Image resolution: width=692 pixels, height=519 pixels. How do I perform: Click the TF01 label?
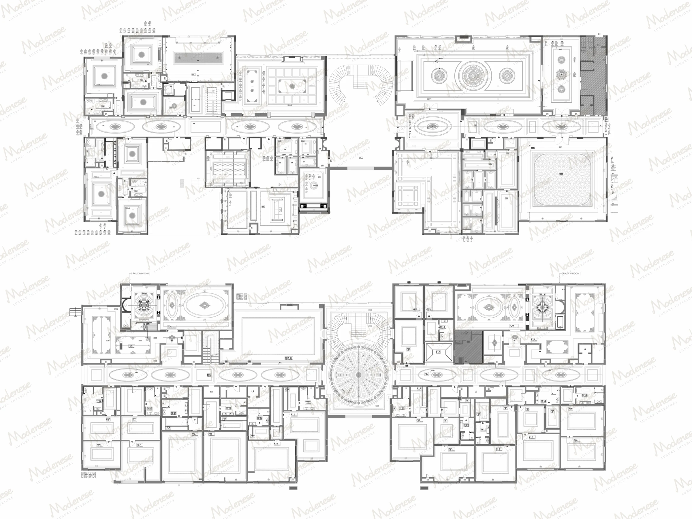(x=144, y=294)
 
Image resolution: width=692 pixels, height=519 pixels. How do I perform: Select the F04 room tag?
(x=169, y=326)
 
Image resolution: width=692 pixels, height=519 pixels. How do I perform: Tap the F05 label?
(x=130, y=346)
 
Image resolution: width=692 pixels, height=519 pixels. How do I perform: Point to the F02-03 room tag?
(x=288, y=358)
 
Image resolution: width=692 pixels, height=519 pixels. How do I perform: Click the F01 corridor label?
(x=209, y=375)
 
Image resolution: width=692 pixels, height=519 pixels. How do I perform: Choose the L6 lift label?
(x=211, y=392)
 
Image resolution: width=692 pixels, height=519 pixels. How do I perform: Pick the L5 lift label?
(x=253, y=391)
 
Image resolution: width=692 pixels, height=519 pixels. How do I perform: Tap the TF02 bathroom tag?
(x=99, y=401)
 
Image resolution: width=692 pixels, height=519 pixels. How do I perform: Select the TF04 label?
(x=173, y=413)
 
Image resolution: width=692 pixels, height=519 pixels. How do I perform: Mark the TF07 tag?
(x=308, y=402)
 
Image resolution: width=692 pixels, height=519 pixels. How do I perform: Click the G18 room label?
(x=415, y=309)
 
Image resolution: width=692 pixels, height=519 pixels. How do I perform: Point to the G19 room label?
(x=428, y=309)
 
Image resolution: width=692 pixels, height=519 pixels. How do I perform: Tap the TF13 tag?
(x=442, y=327)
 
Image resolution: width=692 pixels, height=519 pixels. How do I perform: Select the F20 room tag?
(x=512, y=326)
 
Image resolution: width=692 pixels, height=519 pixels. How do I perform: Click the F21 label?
(x=533, y=339)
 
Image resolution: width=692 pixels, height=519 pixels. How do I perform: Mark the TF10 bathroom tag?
(x=483, y=430)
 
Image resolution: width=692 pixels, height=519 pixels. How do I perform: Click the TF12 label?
(x=584, y=395)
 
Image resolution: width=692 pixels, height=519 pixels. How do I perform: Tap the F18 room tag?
(x=408, y=349)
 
